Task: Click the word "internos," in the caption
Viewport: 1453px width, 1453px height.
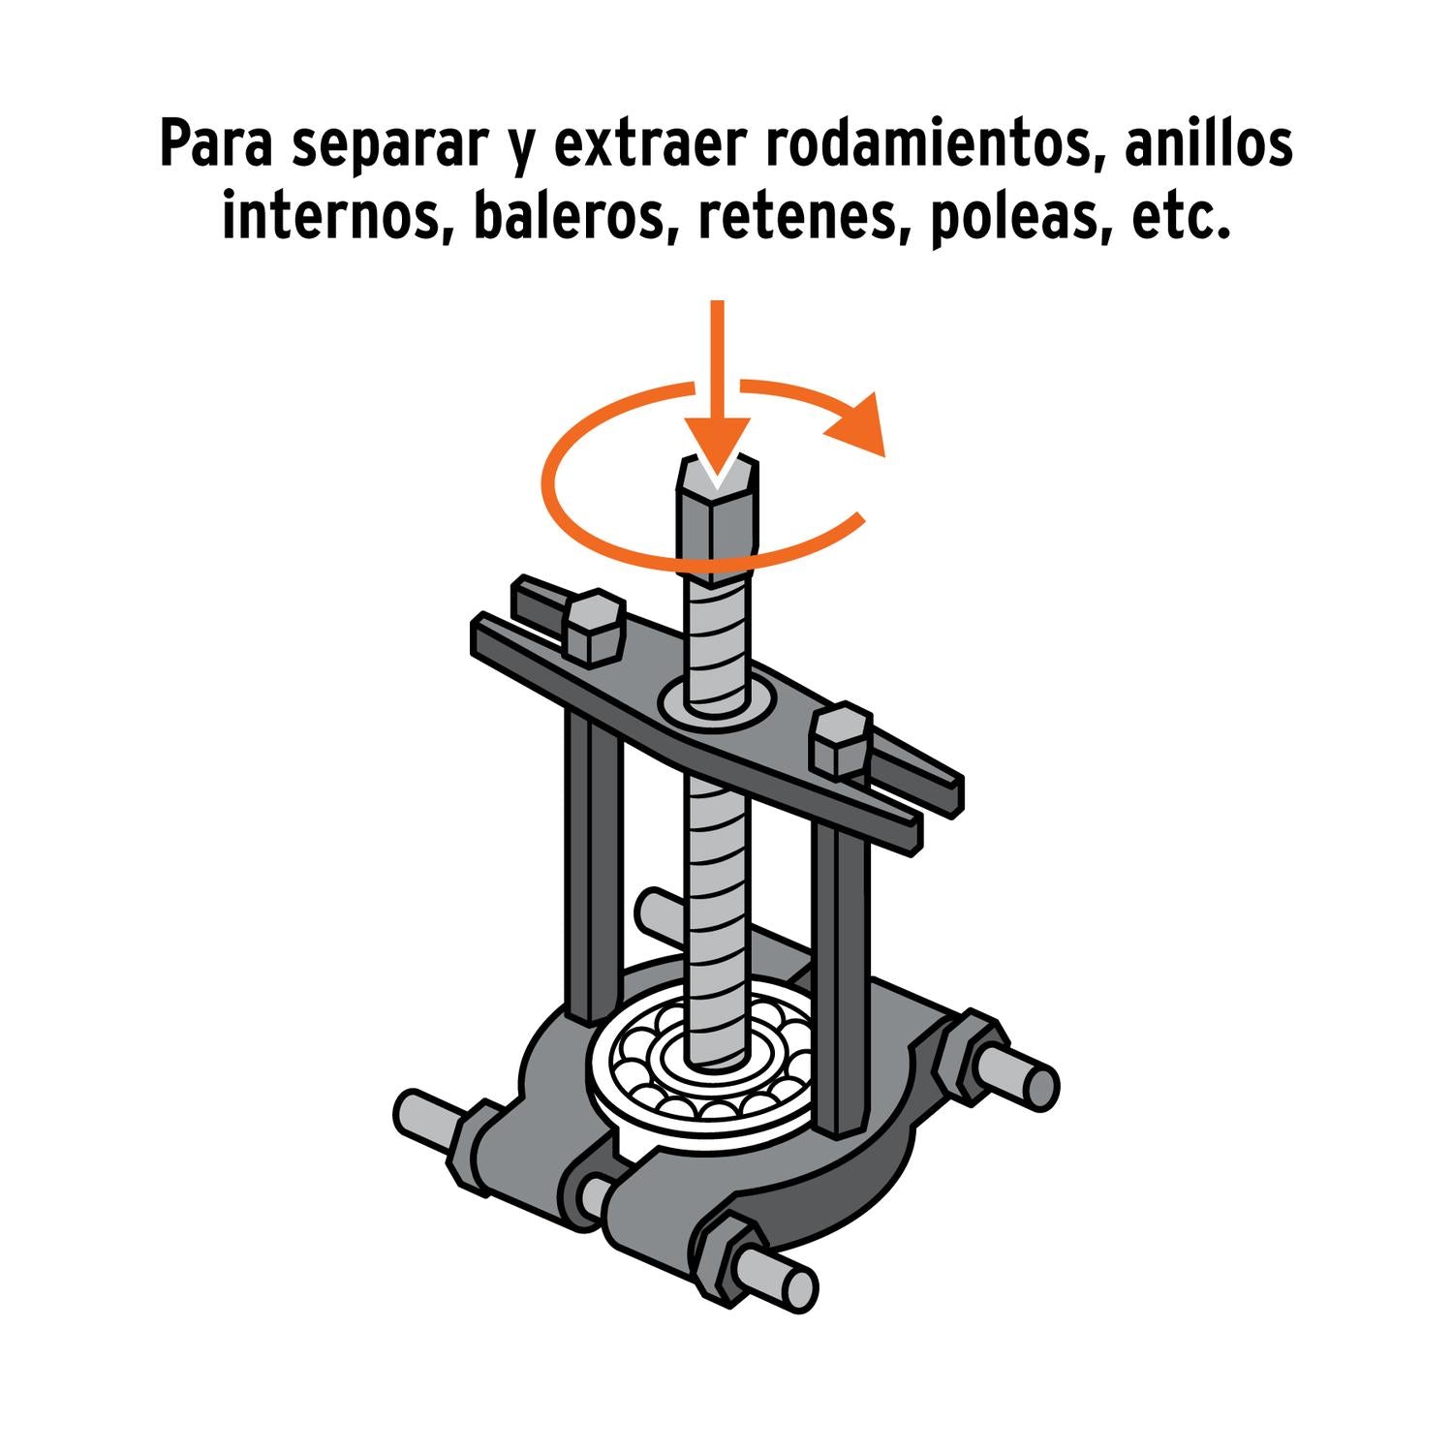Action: click(339, 219)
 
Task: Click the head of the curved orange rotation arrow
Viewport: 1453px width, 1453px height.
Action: click(857, 425)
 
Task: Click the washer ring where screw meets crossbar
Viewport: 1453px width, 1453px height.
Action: click(718, 698)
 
